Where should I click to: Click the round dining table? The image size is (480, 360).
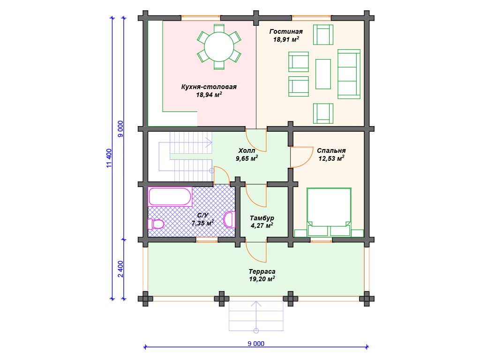[x=219, y=47]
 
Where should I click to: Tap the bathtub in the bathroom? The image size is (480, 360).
[x=170, y=196]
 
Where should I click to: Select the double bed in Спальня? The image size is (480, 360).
[x=329, y=212]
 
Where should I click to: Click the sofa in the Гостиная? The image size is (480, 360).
[x=349, y=74]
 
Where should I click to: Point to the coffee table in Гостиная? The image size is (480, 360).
[x=323, y=74]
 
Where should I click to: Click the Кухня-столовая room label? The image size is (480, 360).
[x=209, y=87]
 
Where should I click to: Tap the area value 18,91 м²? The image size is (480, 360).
[x=286, y=39]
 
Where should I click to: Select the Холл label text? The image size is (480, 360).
[x=247, y=150]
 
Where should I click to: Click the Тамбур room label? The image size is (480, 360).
[x=262, y=218]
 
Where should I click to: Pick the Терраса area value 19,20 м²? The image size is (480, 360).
[x=262, y=279]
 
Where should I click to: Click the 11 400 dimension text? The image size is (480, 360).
[x=109, y=158]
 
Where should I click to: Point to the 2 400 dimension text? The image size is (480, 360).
[x=120, y=269]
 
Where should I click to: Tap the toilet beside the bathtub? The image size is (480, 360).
[x=156, y=224]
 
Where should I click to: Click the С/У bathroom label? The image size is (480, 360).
[x=202, y=215]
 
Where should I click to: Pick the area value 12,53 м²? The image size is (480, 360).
[x=331, y=158]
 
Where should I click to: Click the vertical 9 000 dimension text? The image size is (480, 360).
[x=120, y=128]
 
